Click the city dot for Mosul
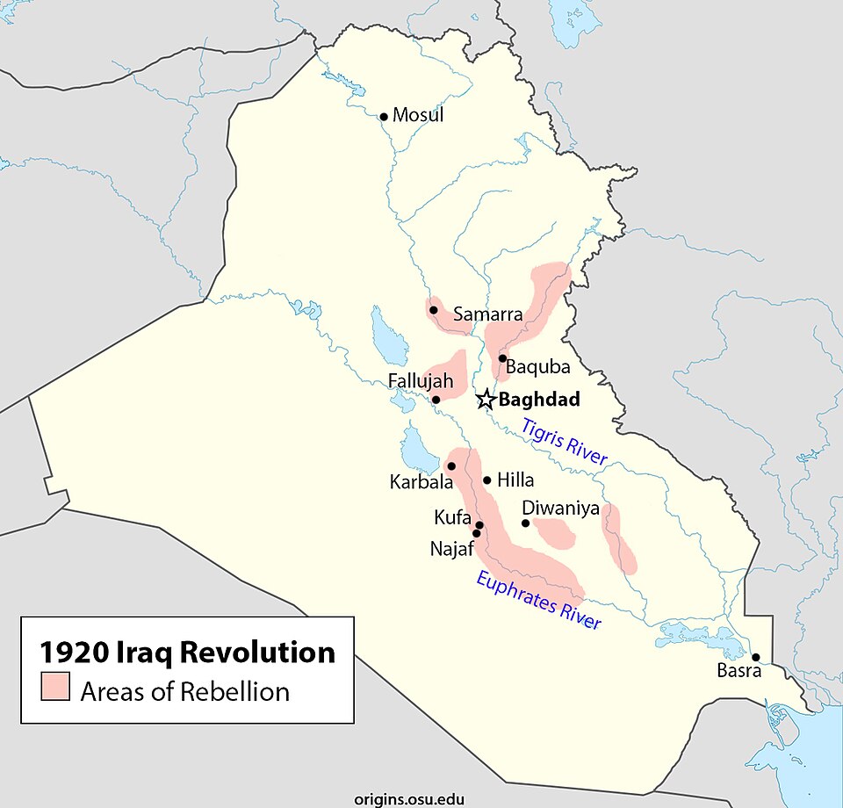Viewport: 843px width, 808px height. pos(383,116)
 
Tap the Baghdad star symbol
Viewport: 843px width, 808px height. pos(486,400)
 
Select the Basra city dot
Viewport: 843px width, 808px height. pos(755,657)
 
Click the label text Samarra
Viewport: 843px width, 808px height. pos(487,314)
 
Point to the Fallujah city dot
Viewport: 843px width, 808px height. pos(436,400)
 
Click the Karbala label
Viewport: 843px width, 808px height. pos(421,482)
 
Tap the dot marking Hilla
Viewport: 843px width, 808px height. pos(486,480)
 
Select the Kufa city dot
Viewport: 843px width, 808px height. pos(479,525)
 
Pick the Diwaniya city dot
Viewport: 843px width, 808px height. pos(525,523)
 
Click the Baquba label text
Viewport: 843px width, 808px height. pos(538,367)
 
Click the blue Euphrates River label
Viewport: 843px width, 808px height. pos(539,600)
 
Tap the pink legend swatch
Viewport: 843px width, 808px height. pos(54,686)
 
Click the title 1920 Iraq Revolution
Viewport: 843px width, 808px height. pos(187,653)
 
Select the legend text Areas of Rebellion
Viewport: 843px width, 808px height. pos(184,691)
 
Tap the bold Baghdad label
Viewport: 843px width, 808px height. pos(539,400)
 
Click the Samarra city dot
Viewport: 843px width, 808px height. pos(433,310)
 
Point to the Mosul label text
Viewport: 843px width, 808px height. pos(418,115)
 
